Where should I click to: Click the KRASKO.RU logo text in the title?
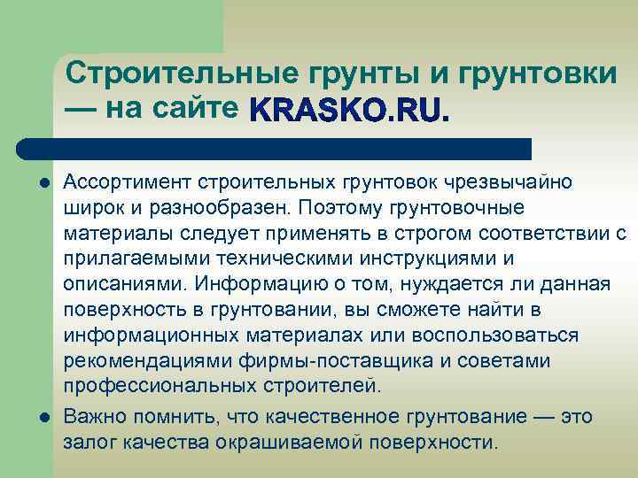(350, 110)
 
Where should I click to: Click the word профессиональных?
(158, 387)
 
